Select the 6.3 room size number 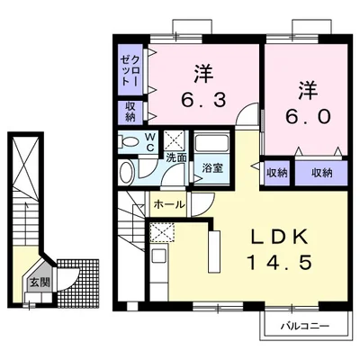pyautogui.click(x=203, y=99)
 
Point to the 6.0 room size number pyautogui.click(x=308, y=116)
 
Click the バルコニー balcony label pyautogui.click(x=305, y=326)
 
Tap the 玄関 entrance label pyautogui.click(x=40, y=283)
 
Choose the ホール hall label pyautogui.click(x=169, y=205)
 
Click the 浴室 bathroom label pyautogui.click(x=212, y=168)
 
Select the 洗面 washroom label pyautogui.click(x=176, y=157)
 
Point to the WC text pyautogui.click(x=150, y=142)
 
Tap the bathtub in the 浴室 pyautogui.click(x=211, y=143)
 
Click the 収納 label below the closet pyautogui.click(x=130, y=112)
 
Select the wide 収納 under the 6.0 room pyautogui.click(x=321, y=173)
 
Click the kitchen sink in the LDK pyautogui.click(x=157, y=256)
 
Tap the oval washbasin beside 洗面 pyautogui.click(x=127, y=173)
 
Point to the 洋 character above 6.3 pyautogui.click(x=203, y=73)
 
